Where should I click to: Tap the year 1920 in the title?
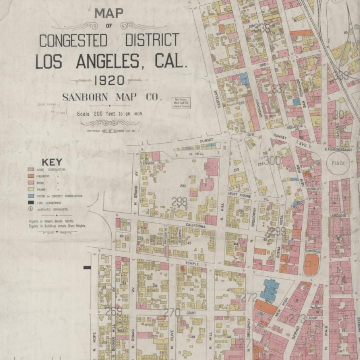pyautogui.click(x=109, y=80)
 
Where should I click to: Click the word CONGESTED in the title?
pyautogui.click(x=73, y=41)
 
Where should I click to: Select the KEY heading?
pyautogui.click(x=52, y=162)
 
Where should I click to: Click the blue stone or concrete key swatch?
pyautogui.click(x=30, y=196)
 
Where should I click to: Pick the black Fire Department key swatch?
pyautogui.click(x=30, y=203)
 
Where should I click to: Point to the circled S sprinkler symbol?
pyautogui.click(x=30, y=209)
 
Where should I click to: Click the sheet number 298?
pyautogui.click(x=179, y=202)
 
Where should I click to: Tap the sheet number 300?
pyautogui.click(x=272, y=161)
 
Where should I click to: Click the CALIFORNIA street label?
pyautogui.click(x=195, y=226)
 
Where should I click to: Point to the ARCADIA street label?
pyautogui.click(x=338, y=216)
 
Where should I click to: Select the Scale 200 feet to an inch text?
pyautogui.click(x=110, y=114)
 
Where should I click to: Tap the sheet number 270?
pyautogui.click(x=172, y=312)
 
